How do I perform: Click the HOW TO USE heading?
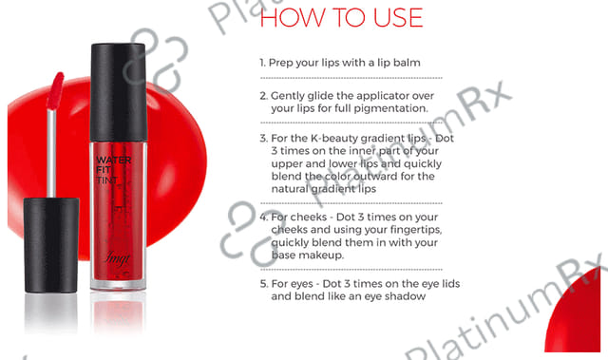click(341, 17)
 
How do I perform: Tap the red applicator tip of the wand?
click(55, 90)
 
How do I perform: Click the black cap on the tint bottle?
click(118, 92)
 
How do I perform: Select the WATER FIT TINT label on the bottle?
click(113, 170)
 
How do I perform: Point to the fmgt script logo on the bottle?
click(117, 258)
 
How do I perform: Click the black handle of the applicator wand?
click(51, 245)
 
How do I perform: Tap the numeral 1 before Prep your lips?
click(262, 63)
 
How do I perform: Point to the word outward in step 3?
click(373, 177)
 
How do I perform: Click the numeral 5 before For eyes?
click(263, 284)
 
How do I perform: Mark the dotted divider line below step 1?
click(351, 78)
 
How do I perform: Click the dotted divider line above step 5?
click(351, 270)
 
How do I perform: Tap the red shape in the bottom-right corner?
click(574, 313)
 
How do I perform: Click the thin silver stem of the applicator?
click(51, 153)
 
